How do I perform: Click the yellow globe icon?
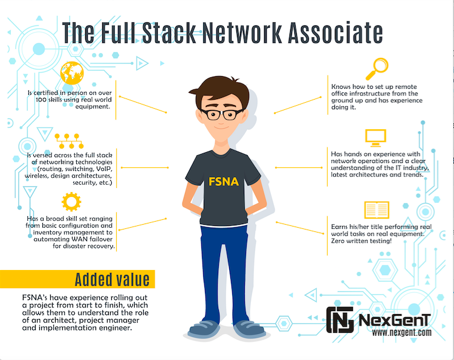72,73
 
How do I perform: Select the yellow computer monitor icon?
375,138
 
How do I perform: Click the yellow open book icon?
377,210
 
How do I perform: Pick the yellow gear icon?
71,202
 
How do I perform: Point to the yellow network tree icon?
69,141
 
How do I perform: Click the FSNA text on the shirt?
224,181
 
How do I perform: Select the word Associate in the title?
336,33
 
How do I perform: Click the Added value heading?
112,280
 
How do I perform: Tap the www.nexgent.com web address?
401,332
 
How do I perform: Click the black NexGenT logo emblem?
340,320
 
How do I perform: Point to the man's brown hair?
219,91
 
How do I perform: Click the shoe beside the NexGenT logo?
249,329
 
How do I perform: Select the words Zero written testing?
361,241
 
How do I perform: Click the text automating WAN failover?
73,239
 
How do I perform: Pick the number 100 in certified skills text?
41,100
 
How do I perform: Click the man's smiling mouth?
221,127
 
